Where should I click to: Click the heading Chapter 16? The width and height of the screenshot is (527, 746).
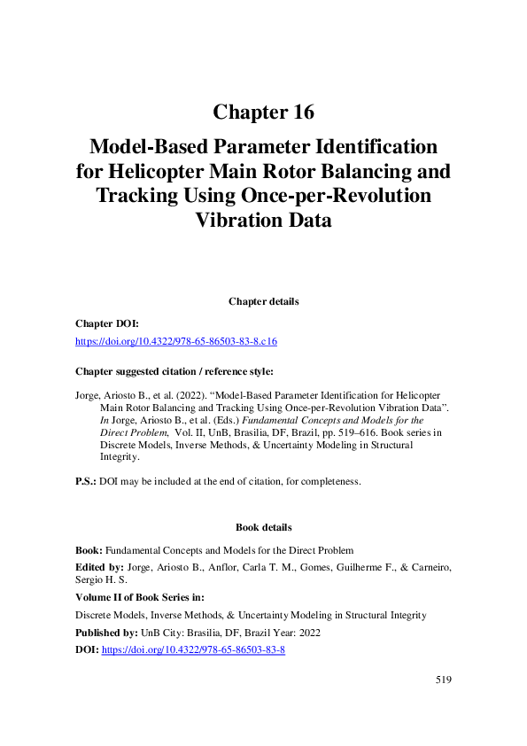point(263,113)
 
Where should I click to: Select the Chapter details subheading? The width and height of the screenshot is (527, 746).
point(263,301)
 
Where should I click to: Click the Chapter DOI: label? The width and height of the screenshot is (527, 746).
point(105,323)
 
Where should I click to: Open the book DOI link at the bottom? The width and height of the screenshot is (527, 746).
point(193,649)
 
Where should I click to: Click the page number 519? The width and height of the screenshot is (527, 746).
point(443,680)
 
